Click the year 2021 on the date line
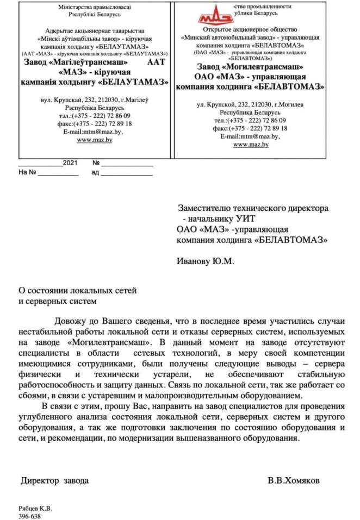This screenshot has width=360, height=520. pos(70,163)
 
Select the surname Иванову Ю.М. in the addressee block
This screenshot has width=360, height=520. pos(205,261)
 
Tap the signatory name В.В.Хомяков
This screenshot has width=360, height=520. pos(294,481)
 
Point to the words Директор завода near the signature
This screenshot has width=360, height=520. pos(54,481)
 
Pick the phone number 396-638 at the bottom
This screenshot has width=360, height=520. pos(29,516)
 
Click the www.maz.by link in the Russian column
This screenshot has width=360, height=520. pos(251,145)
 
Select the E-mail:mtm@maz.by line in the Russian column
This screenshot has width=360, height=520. pos(250,136)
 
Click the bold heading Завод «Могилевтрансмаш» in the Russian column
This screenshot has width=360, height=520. pos(250,67)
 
